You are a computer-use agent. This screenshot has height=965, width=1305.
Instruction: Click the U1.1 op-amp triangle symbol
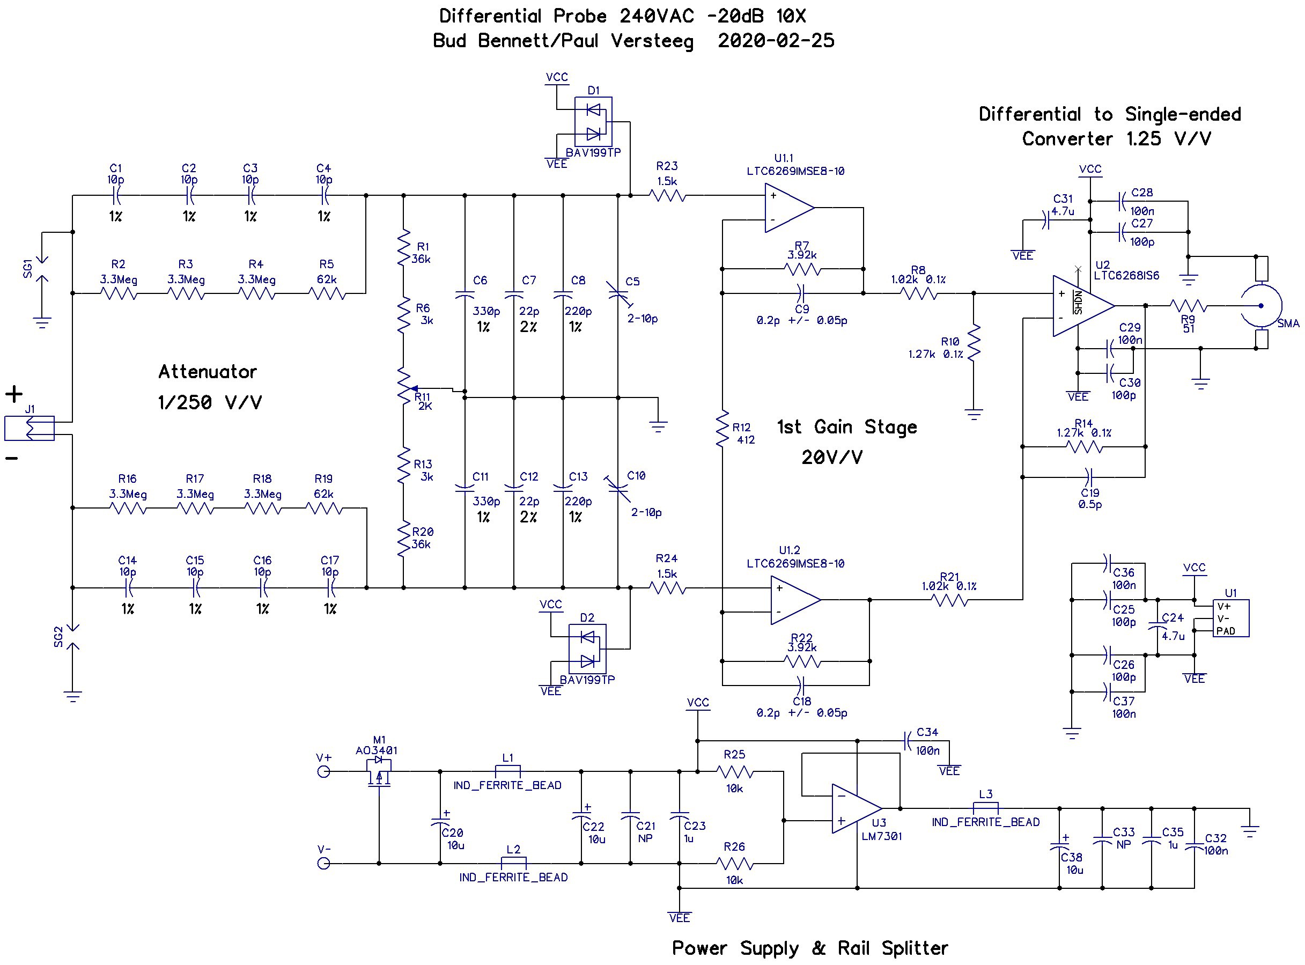[x=788, y=208]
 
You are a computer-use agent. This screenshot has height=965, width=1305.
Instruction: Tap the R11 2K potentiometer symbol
[x=405, y=386]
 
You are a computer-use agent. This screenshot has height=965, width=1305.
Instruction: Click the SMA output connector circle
[x=1260, y=306]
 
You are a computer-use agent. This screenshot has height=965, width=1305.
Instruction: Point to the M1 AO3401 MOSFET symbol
[x=379, y=772]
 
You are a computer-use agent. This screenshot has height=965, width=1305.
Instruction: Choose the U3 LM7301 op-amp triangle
[x=857, y=808]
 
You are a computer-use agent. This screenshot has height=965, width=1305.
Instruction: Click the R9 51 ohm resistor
[x=1188, y=306]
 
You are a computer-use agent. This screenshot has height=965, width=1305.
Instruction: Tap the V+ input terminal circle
[x=323, y=772]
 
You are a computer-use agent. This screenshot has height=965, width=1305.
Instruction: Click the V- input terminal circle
[x=323, y=864]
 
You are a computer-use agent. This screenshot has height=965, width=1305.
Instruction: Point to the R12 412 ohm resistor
[x=722, y=428]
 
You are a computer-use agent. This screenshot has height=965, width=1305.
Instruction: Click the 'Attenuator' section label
[x=208, y=372]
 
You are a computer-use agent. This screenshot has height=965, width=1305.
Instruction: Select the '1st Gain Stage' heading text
[x=846, y=427]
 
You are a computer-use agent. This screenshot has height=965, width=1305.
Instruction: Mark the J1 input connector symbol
[x=29, y=428]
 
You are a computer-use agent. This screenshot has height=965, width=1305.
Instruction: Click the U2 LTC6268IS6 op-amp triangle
[x=1083, y=306]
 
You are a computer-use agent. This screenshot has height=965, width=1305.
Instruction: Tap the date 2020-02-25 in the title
[x=776, y=40]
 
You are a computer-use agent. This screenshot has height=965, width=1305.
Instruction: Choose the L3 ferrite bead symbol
[x=985, y=808]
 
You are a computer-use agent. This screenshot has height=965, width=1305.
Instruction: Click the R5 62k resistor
[x=327, y=293]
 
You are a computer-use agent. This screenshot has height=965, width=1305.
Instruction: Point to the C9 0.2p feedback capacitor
[x=802, y=293]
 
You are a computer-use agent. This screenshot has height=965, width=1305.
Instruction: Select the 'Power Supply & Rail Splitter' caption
[x=809, y=947]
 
